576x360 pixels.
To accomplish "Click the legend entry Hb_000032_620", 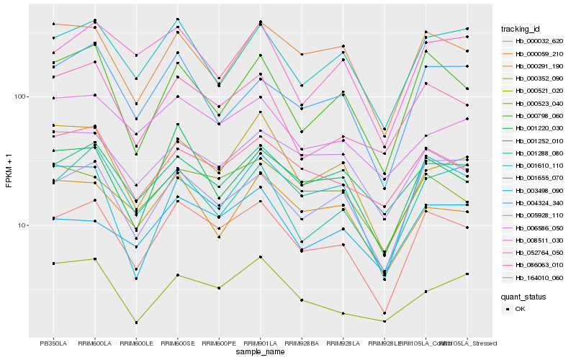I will (539, 41).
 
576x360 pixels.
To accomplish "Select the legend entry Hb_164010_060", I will (539, 278).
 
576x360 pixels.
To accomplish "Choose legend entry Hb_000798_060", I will (539, 116).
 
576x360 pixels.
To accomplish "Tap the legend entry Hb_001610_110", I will (539, 166).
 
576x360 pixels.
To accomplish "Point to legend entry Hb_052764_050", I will (539, 253).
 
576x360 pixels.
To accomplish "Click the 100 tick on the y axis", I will (20, 96).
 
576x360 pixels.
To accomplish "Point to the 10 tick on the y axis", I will (22, 225).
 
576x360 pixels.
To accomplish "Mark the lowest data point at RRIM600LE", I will (136, 323).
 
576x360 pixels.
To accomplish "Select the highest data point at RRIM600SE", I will (178, 19).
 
